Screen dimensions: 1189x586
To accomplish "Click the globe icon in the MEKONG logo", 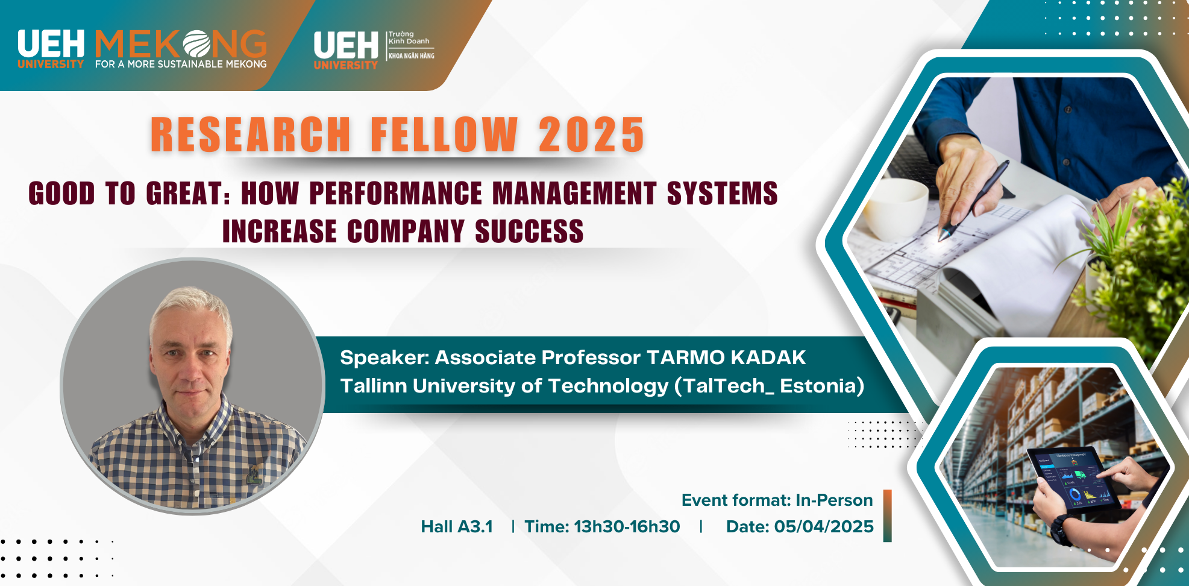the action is coord(196,44).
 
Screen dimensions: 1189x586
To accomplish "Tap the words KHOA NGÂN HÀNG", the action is coord(412,56).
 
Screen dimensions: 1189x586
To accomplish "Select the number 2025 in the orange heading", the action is coord(591,134).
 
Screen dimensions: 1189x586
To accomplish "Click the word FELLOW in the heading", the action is coord(444,134).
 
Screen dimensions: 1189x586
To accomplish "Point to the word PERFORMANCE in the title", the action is coord(395,194).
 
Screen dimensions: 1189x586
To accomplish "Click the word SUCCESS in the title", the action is coord(529,232).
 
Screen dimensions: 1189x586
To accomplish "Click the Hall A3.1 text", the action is coord(457,527).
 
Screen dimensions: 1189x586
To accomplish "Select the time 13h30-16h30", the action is coord(627,527).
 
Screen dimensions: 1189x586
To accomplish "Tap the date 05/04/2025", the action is coord(824,527).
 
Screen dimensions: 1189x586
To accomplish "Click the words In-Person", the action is coord(834,500).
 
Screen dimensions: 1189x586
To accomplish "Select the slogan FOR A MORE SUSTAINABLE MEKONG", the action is coord(181,64).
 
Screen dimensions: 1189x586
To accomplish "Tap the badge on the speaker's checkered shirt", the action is coord(254,475).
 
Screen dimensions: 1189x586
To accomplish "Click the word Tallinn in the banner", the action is coord(374,386).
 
